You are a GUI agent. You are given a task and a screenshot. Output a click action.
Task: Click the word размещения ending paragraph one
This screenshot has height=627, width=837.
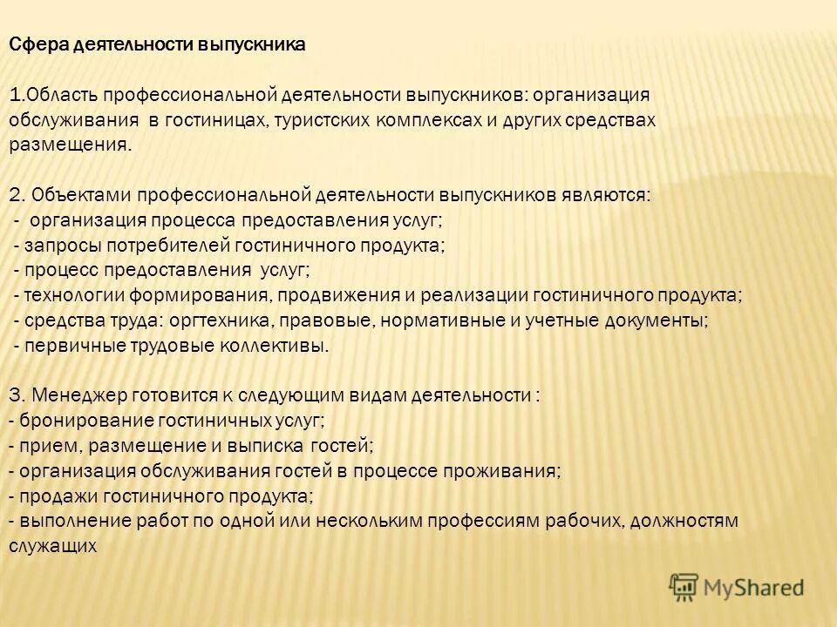72,145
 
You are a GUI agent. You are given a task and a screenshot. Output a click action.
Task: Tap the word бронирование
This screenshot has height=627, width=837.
72,421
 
